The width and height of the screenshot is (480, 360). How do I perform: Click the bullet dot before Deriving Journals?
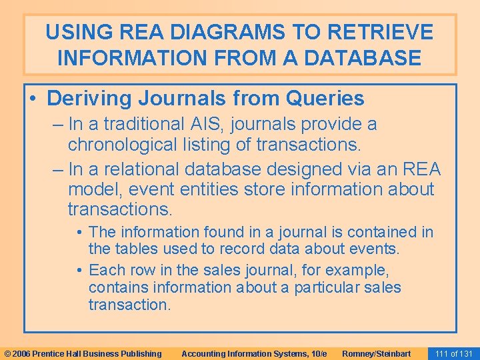click(x=33, y=99)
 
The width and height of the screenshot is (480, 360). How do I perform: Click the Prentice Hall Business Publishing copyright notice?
click(x=83, y=353)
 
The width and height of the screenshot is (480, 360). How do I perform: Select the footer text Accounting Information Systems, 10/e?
click(x=254, y=353)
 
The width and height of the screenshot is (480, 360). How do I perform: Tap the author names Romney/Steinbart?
click(x=376, y=353)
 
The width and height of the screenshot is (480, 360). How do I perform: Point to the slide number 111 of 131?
click(x=453, y=353)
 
